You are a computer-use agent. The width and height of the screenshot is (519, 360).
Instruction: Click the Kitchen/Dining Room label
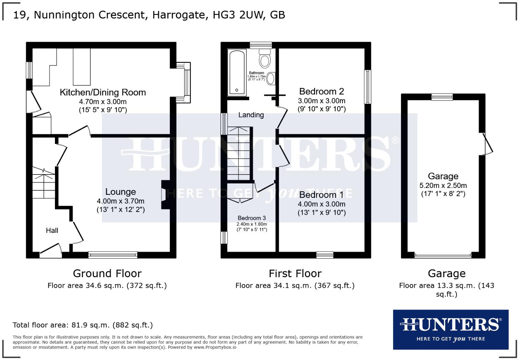103,92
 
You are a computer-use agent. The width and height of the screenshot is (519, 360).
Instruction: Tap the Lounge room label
120,192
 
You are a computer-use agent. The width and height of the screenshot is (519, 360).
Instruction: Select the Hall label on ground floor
52,230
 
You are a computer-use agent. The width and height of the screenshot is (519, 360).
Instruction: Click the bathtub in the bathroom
237,72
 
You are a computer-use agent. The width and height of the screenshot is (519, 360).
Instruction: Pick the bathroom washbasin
271,79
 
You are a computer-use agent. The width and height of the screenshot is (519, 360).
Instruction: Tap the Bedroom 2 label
321,91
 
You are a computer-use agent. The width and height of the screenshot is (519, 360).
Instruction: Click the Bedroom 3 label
252,218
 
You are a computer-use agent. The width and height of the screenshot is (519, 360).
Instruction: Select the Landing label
251,115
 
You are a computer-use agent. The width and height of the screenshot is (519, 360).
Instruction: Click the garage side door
487,144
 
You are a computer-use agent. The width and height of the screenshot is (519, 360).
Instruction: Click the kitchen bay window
186,82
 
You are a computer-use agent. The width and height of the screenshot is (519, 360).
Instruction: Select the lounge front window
113,255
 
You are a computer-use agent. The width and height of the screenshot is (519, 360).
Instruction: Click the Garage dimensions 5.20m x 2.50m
443,185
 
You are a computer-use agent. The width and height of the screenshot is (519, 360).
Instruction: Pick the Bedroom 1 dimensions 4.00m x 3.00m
321,204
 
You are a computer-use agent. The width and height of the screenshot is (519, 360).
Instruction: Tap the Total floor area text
83,325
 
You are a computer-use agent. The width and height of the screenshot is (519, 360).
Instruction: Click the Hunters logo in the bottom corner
450,329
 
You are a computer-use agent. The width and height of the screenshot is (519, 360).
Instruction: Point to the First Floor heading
295,273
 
